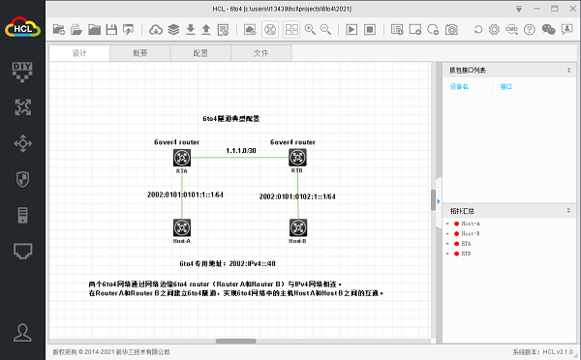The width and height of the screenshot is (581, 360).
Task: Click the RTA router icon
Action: pyautogui.click(x=181, y=157)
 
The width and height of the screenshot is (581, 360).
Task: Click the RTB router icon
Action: pyautogui.click(x=297, y=157)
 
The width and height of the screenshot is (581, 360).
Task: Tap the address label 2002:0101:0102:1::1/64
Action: pyautogui.click(x=297, y=196)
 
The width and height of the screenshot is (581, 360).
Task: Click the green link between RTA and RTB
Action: pyautogui.click(x=239, y=158)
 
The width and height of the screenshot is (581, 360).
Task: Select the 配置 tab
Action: pyautogui.click(x=200, y=53)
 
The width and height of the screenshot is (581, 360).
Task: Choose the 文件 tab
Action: pyautogui.click(x=261, y=53)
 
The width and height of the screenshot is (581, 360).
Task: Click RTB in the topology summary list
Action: pyautogui.click(x=468, y=254)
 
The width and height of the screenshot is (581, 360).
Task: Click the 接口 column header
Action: pyautogui.click(x=506, y=87)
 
